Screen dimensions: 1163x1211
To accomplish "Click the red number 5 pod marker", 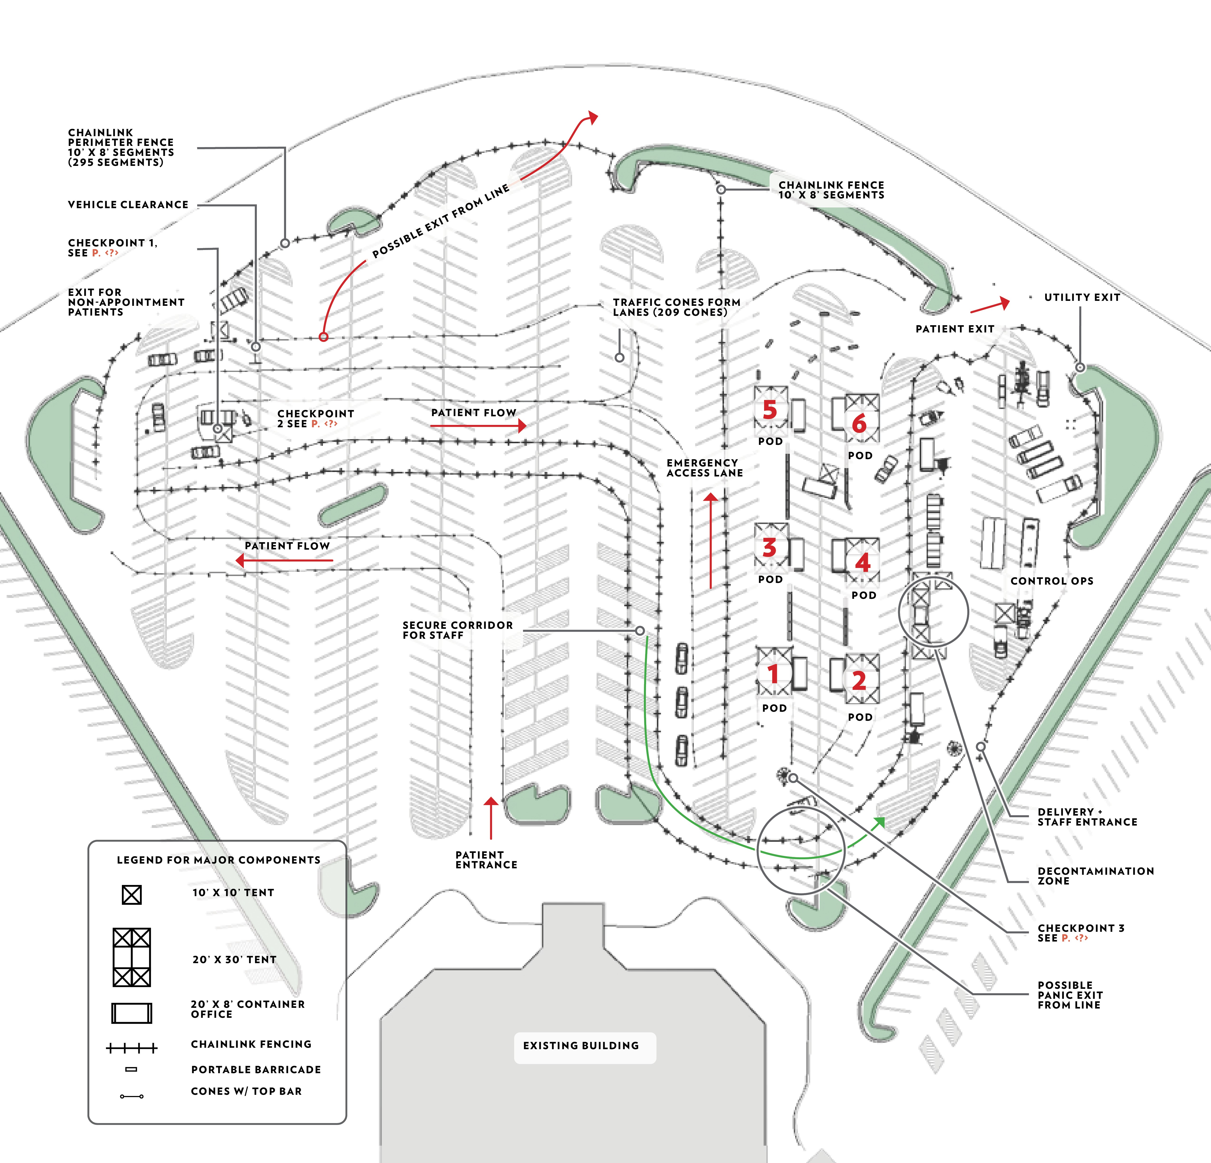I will [x=769, y=410].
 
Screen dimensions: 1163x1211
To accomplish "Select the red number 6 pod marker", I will [x=859, y=424].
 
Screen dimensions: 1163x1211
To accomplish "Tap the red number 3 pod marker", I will [x=769, y=548].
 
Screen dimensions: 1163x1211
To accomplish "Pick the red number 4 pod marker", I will [x=862, y=562].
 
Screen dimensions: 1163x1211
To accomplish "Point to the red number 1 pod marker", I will [x=772, y=673].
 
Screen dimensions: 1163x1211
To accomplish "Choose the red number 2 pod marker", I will [x=859, y=681].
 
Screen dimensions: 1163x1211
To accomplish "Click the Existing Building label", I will [x=581, y=1046].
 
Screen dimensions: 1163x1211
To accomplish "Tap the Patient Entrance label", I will [x=486, y=860].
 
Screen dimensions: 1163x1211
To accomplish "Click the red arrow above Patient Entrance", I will [x=491, y=816].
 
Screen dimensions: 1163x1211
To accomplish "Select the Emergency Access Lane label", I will [x=704, y=468].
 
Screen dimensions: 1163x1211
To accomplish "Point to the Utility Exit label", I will [x=1082, y=297].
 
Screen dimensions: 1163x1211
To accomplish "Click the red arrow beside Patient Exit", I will [x=991, y=305].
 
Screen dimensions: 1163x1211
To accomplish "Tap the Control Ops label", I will [x=1052, y=581].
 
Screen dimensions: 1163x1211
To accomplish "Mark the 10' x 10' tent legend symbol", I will [x=132, y=894].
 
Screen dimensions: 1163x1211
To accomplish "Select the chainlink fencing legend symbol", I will [x=132, y=1048].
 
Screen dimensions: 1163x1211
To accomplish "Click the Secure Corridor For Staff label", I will [x=457, y=630].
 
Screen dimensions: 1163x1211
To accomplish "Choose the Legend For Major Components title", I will [x=219, y=860].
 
